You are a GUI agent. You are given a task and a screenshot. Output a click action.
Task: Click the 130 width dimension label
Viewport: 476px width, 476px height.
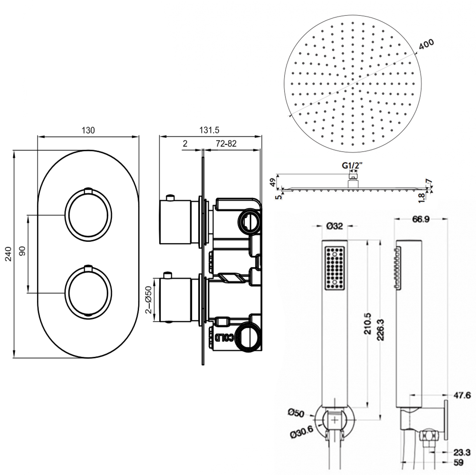88,130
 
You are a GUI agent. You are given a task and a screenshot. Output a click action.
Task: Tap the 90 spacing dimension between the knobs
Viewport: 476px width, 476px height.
22,251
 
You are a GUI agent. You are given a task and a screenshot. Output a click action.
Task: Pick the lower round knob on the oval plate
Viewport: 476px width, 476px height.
88,293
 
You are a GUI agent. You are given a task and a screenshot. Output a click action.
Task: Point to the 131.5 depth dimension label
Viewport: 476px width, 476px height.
209,130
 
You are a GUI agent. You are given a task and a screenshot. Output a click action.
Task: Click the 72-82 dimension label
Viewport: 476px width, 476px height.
226,144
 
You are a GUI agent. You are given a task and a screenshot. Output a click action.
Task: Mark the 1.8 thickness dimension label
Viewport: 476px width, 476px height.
421,197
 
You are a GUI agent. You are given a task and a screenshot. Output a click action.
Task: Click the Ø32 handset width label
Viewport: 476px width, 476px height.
334,226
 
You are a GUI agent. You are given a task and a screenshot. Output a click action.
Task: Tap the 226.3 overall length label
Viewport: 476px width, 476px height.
380,330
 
